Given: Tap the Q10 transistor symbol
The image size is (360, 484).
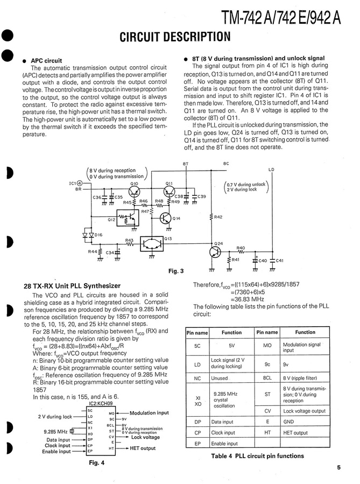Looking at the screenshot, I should [x=135, y=190].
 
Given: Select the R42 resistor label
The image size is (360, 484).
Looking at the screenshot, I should [x=218, y=217].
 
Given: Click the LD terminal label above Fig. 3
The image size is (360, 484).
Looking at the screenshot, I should [x=271, y=170].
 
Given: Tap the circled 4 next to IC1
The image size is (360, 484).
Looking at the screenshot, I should [x=81, y=183].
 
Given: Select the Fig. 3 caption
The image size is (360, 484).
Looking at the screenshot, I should [x=176, y=271].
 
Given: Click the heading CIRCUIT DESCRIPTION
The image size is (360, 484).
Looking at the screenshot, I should [x=175, y=37].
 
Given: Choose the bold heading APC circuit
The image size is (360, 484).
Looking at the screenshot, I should [x=46, y=60].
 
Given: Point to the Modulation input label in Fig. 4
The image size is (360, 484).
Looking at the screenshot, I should [x=149, y=413].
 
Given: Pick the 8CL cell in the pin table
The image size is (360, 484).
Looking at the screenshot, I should [x=267, y=378].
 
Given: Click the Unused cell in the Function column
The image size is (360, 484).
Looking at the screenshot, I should [x=220, y=378].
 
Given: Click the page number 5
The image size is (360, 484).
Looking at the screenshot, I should [x=338, y=467].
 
